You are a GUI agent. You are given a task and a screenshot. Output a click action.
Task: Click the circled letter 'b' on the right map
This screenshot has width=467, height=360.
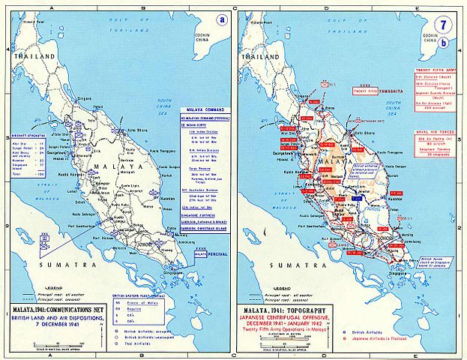click(x=447, y=43)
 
